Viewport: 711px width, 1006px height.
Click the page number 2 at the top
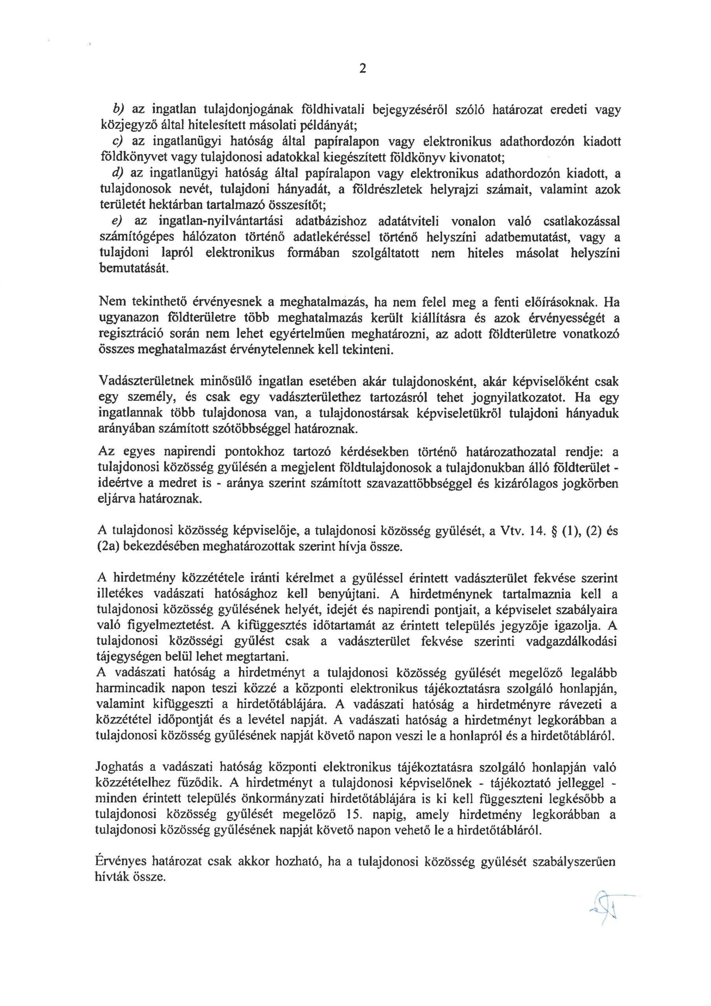point(362,69)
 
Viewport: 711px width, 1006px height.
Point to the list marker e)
point(118,221)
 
